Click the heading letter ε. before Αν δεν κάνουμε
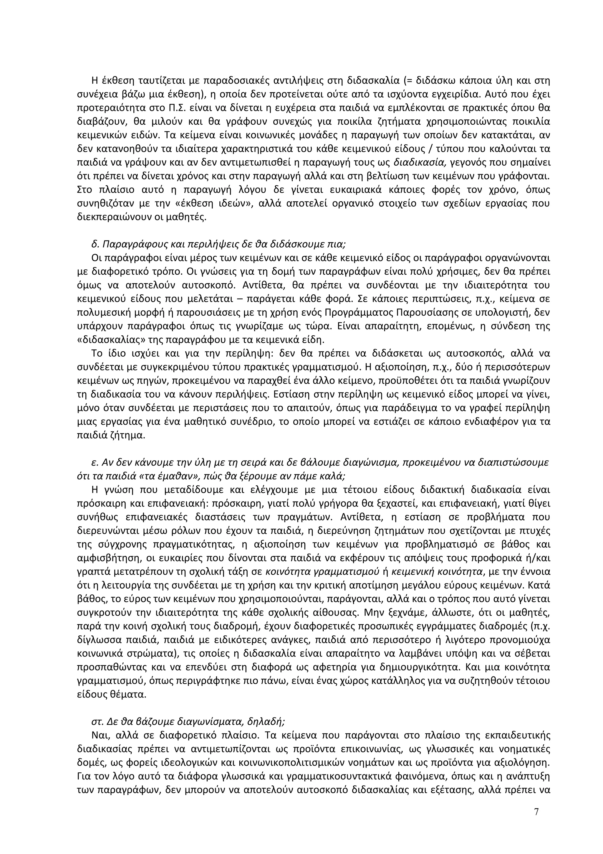click(94, 462)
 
